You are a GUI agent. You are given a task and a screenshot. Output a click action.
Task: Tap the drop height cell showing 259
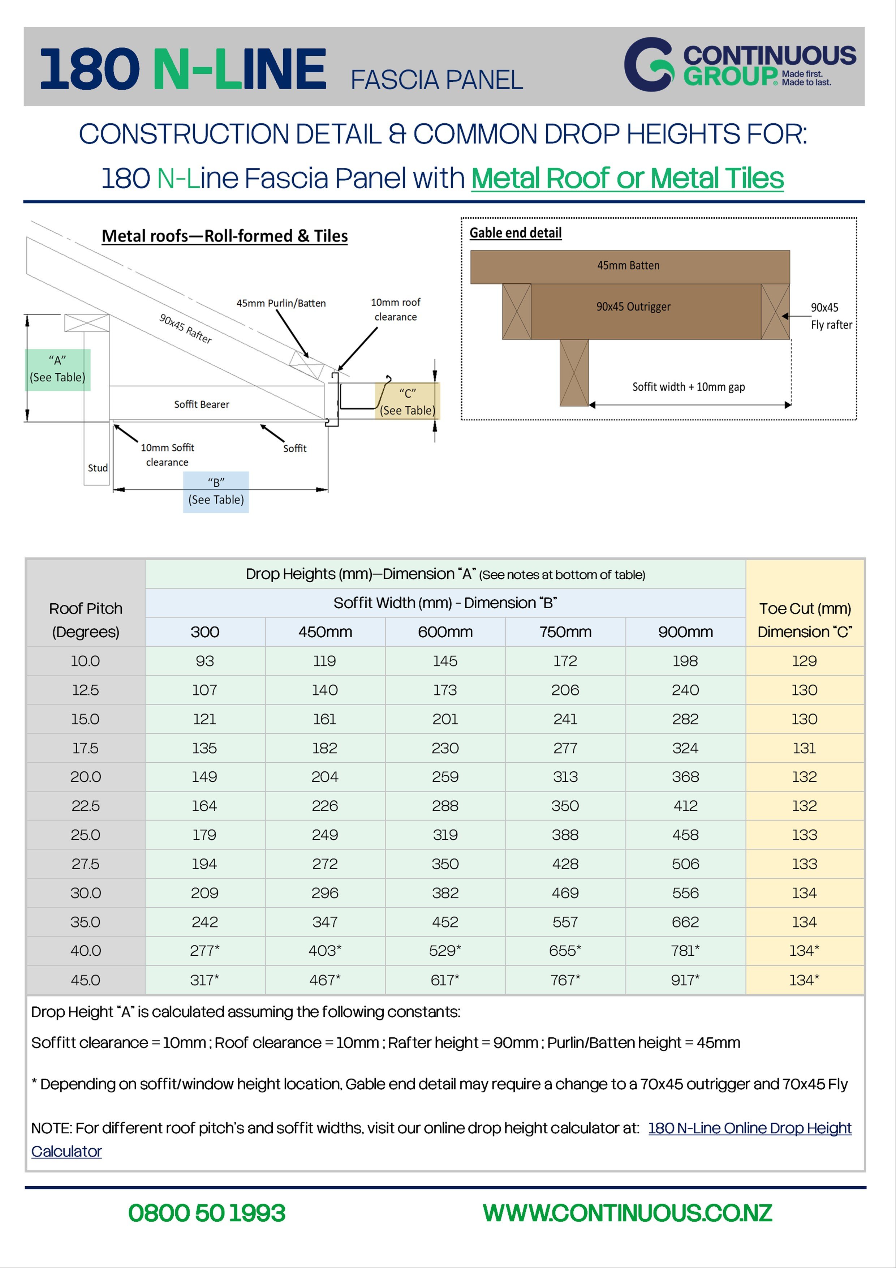(x=445, y=776)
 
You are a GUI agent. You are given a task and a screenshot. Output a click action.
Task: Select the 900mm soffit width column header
(x=685, y=632)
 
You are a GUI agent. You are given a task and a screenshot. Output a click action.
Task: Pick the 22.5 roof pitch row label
(x=86, y=806)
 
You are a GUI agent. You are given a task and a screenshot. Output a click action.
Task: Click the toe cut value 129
(x=804, y=661)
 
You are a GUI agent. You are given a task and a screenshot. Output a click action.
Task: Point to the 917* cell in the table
(x=685, y=980)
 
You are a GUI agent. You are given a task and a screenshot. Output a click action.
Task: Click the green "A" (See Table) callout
(x=57, y=369)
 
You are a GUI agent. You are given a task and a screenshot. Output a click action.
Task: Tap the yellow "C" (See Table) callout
(x=408, y=402)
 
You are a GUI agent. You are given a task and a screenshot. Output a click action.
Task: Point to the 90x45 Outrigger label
(x=633, y=307)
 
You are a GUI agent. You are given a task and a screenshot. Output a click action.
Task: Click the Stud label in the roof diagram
(x=98, y=468)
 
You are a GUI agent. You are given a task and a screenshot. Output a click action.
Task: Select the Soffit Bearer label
(x=202, y=404)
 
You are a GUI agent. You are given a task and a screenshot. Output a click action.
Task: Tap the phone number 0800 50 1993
(x=206, y=1213)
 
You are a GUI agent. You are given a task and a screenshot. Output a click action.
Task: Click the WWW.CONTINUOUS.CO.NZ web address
(x=627, y=1213)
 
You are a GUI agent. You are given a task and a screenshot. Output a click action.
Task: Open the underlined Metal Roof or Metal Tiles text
(x=627, y=179)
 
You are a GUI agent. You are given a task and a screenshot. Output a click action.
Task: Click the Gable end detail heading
(x=515, y=233)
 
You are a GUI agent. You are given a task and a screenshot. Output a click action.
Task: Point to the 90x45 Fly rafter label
(x=831, y=316)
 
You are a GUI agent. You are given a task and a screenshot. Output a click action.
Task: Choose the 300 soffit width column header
(x=205, y=632)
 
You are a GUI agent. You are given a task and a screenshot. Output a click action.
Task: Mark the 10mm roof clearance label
(x=395, y=309)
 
